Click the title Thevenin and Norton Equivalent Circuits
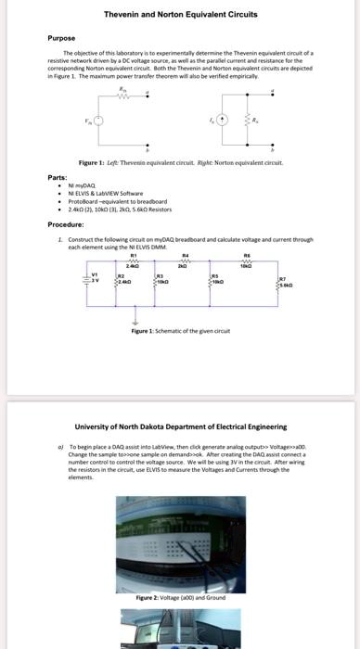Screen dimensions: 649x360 (x=179, y=15)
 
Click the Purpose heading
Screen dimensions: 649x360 (x=61, y=39)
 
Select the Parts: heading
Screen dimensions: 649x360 (x=57, y=176)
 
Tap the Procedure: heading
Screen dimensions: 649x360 (x=66, y=224)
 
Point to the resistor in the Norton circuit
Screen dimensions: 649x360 (x=248, y=121)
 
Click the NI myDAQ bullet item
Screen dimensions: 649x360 (x=84, y=185)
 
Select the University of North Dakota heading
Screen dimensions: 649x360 (x=180, y=426)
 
